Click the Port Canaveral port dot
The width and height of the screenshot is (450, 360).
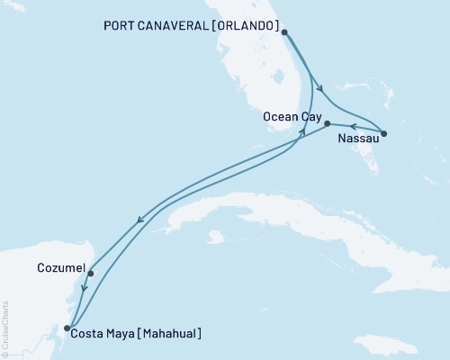click(284, 32)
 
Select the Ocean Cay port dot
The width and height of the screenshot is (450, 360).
click(327, 123)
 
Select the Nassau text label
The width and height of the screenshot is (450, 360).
click(357, 139)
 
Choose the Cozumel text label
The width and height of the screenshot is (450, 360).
click(61, 268)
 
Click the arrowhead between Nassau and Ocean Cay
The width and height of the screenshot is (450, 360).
click(353, 126)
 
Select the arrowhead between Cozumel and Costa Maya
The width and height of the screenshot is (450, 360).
click(84, 290)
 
